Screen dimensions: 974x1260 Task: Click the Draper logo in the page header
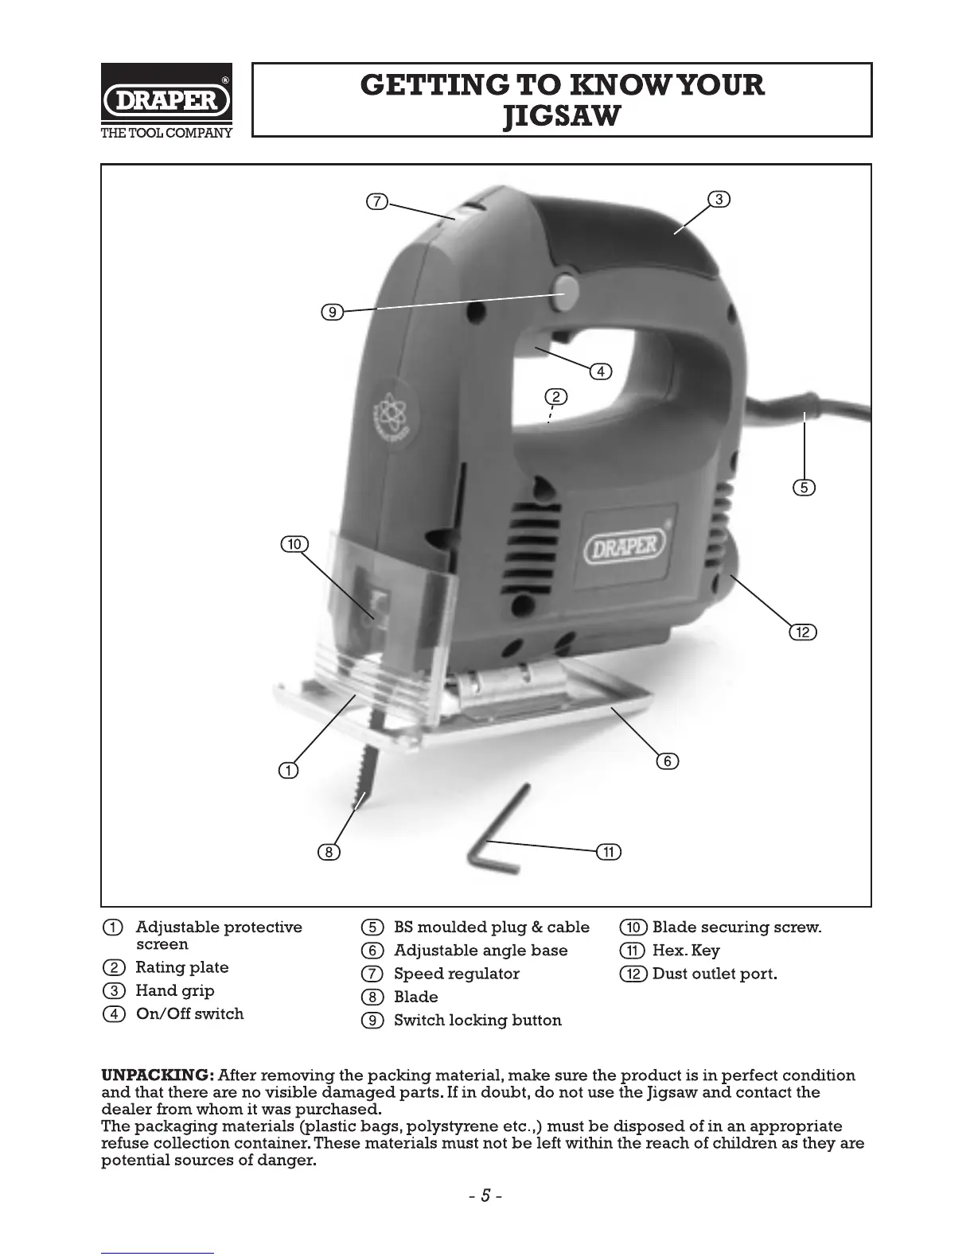[x=167, y=101]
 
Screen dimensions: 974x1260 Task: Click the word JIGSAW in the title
[x=562, y=118]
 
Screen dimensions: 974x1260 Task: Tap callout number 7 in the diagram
[x=376, y=201]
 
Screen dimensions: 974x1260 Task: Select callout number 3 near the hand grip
[x=719, y=199]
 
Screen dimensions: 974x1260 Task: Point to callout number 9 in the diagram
[x=332, y=312]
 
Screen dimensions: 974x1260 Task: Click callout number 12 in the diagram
[x=803, y=632]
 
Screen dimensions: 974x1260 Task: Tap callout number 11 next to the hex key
[x=609, y=852]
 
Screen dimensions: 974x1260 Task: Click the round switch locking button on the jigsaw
[x=567, y=284]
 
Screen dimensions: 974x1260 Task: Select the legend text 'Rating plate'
[x=182, y=967]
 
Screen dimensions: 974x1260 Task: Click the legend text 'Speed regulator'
[x=456, y=974]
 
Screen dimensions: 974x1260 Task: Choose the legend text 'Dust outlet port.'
[x=715, y=974]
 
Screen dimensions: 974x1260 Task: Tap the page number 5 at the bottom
[x=485, y=1196]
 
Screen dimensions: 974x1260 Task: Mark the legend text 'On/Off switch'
[x=189, y=1013]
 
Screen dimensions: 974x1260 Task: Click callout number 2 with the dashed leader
[x=555, y=397]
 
